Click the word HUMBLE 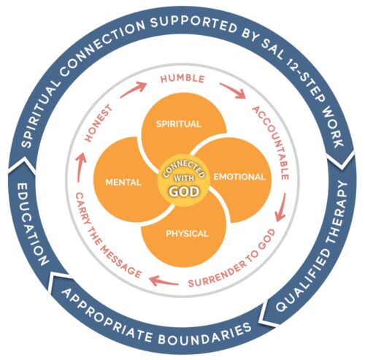(182, 79)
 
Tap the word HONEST (99, 123)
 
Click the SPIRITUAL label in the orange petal (179, 124)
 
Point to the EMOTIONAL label (239, 177)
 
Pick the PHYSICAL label (187, 234)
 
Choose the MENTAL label (123, 183)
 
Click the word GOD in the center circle (184, 191)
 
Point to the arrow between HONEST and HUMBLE (133, 90)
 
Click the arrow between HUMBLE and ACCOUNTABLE (232, 91)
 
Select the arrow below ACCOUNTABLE (281, 207)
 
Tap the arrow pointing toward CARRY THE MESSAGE (164, 280)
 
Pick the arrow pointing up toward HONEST (80, 169)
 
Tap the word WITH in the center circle (184, 178)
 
